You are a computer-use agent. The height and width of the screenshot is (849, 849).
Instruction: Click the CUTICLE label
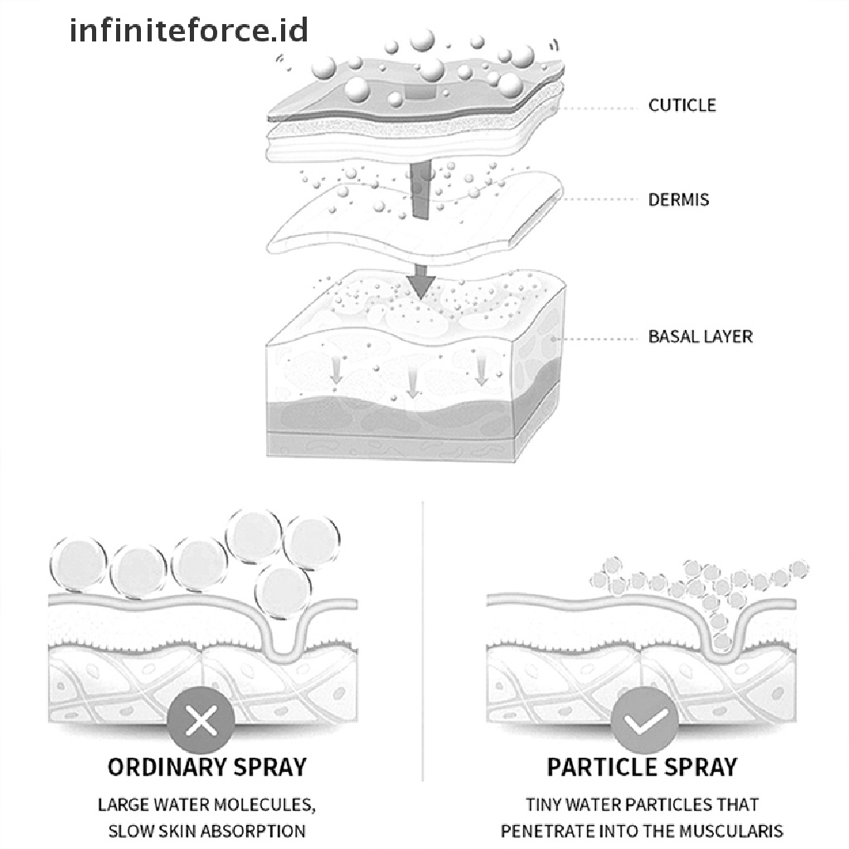pyautogui.click(x=682, y=105)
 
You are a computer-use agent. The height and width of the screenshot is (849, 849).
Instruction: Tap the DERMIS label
pyautogui.click(x=678, y=200)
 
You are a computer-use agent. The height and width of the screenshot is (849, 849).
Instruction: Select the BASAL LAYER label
pyautogui.click(x=700, y=337)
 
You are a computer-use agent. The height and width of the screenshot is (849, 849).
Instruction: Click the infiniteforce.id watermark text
pyautogui.click(x=189, y=31)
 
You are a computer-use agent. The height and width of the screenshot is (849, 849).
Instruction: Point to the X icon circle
pyautogui.click(x=201, y=723)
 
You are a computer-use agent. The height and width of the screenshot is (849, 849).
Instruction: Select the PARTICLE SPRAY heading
pyautogui.click(x=642, y=766)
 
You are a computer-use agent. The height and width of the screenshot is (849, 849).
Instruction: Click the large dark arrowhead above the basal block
pyautogui.click(x=422, y=286)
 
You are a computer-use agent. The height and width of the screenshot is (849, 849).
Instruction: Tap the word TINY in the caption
pyautogui.click(x=545, y=804)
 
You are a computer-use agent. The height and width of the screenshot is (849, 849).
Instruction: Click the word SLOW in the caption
pyautogui.click(x=129, y=831)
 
